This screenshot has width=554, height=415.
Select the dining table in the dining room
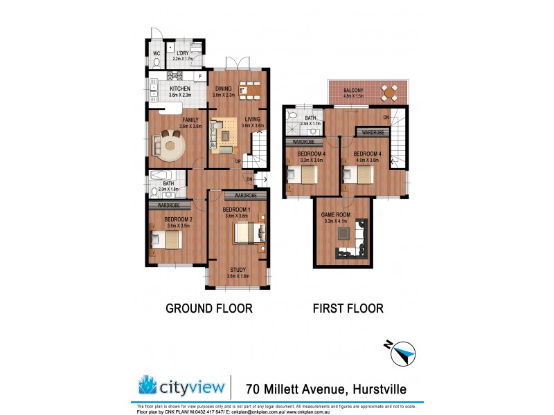[x=249, y=88]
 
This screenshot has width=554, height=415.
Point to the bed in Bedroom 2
[x=167, y=239]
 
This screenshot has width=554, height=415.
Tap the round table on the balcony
[x=391, y=91]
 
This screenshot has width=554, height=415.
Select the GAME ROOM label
[x=337, y=214]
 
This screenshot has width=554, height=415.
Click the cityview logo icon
[x=150, y=385]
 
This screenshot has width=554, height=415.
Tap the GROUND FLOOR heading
[x=208, y=308]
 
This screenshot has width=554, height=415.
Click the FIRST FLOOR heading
[x=348, y=308]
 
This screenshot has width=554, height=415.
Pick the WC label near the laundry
[x=157, y=53]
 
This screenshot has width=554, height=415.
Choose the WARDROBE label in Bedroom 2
[x=169, y=205]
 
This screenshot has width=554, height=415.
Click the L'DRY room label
[x=184, y=53]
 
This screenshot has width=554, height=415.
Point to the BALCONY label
[x=353, y=90]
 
